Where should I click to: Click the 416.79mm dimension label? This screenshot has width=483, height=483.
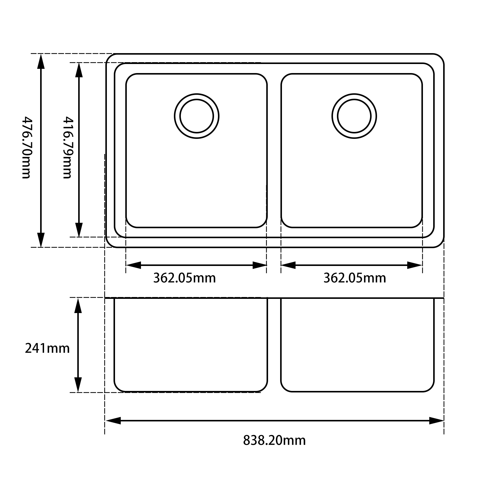[x=67, y=148]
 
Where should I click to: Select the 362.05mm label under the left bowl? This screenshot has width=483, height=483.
[x=184, y=278]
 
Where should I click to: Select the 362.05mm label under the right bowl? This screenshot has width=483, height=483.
[x=355, y=278]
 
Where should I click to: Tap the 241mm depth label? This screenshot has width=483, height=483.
[x=47, y=348]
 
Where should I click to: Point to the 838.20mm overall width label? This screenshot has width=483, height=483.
[x=274, y=440]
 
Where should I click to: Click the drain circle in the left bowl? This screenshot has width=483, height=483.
[x=197, y=116]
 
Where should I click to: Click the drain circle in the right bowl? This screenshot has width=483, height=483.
[x=354, y=116]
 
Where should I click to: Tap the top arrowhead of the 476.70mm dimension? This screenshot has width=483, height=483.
[x=41, y=61]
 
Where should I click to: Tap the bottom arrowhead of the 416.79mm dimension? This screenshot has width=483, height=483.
[x=78, y=230]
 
